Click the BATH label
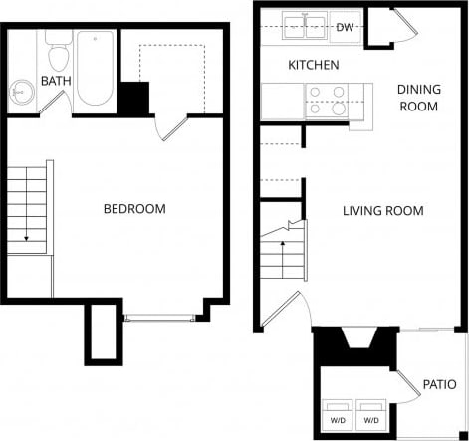pyautogui.click(x=54, y=80)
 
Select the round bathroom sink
pyautogui.click(x=22, y=95)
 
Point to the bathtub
pyautogui.click(x=95, y=70)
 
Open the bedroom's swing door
pyautogui.click(x=170, y=127)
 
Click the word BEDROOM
pyautogui.click(x=134, y=209)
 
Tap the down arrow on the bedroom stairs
pyautogui.click(x=24, y=237)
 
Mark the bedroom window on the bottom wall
pyautogui.click(x=159, y=319)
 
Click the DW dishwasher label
pyautogui.click(x=346, y=26)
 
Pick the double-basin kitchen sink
pyautogui.click(x=306, y=26)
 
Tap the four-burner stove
pyautogui.click(x=325, y=101)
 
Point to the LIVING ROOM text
pyautogui.click(x=382, y=211)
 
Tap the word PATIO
pyautogui.click(x=438, y=384)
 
